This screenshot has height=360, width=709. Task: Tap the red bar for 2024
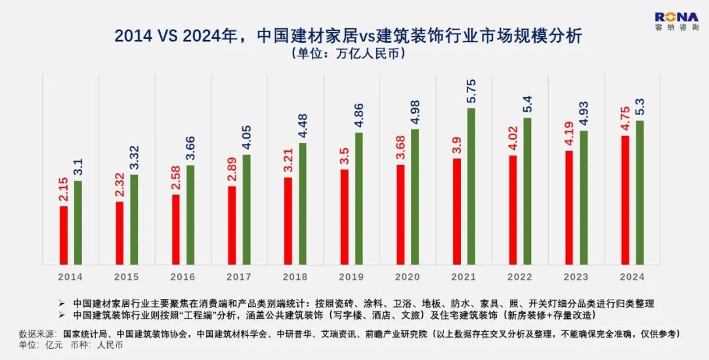625,200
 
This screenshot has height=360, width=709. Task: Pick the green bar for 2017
246,209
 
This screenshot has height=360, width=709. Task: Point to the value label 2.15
64,191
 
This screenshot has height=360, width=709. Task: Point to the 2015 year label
127,277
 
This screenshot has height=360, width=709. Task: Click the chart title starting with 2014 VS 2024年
348,35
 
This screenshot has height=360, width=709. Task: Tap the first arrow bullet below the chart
62,304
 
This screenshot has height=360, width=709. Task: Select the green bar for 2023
584,197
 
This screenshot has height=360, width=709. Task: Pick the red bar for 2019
345,217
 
